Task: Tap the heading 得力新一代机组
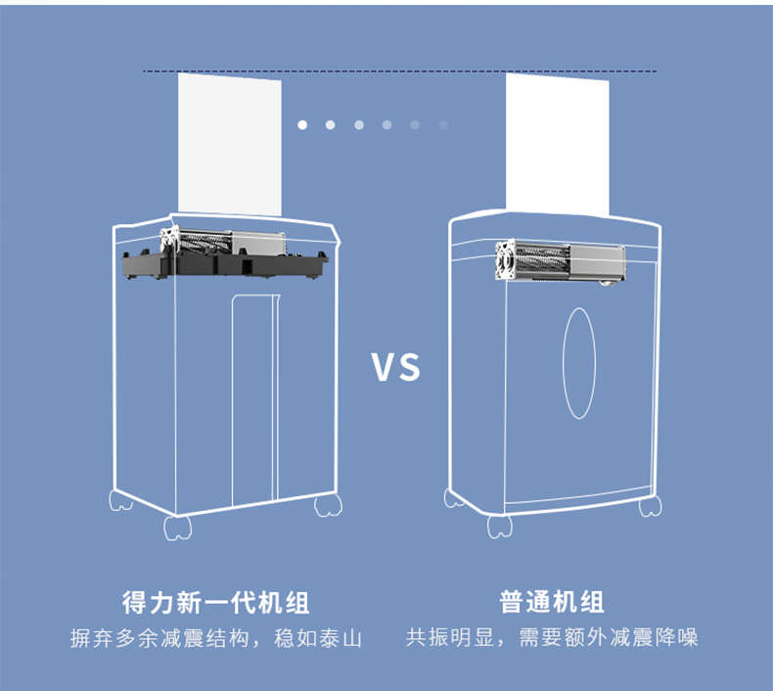[215, 601]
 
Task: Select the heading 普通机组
[552, 601]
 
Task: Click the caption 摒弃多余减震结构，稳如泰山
[216, 639]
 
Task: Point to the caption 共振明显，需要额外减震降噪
[552, 639]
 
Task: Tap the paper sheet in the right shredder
[557, 142]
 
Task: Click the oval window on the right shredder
[579, 363]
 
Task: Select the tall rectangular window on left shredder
[253, 401]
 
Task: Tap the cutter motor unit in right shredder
[571, 263]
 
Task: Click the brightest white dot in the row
[302, 124]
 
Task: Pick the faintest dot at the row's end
[443, 124]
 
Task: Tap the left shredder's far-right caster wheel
[328, 505]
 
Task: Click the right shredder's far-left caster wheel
[454, 498]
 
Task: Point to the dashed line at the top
[399, 71]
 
